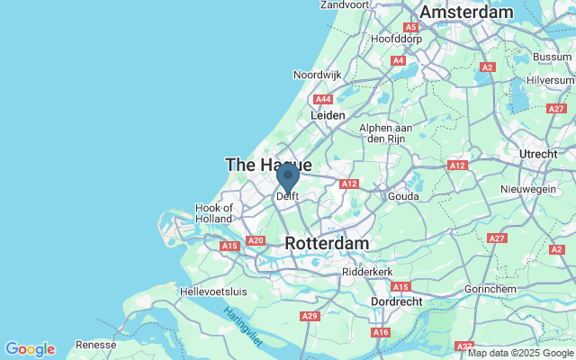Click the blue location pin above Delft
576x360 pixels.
288,175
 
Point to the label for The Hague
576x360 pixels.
268,165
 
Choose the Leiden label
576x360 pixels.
328,116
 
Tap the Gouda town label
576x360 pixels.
404,196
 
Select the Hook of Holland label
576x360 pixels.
214,214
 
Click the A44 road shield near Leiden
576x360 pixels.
321,99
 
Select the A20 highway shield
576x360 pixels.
256,240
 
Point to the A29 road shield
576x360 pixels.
310,315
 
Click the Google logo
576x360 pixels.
30,349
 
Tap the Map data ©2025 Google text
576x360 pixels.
520,353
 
